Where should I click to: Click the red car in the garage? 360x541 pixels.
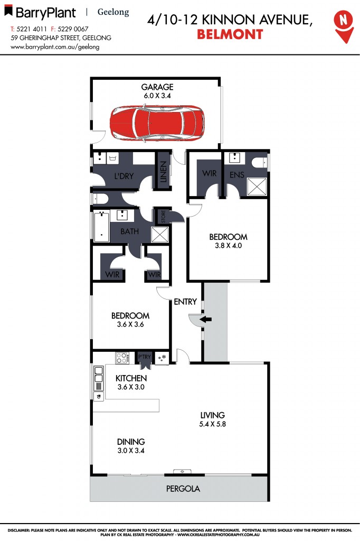coord(157,124)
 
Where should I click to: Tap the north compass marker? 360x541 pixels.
coord(344,24)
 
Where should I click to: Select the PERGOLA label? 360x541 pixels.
coord(183,489)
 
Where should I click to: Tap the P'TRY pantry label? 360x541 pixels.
coord(145,357)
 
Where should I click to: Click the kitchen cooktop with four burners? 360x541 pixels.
coord(122,358)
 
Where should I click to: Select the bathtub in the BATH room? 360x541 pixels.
coord(101,226)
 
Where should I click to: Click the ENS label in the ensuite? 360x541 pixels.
coord(237,174)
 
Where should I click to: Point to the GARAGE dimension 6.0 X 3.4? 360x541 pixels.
coord(157,96)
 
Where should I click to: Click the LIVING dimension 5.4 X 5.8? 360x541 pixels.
coord(213,424)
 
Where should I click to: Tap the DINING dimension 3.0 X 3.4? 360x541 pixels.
coord(131,451)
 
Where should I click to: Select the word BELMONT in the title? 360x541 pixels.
coord(230,35)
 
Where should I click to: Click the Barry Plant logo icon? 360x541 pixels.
coord(8,11)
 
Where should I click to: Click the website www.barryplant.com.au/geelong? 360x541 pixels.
coord(55,46)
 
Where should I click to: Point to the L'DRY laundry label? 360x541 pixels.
coord(124,176)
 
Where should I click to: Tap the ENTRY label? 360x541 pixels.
coord(185,302)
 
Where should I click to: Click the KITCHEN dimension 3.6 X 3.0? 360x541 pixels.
coord(131,387)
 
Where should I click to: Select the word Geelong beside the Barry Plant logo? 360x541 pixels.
coord(113,12)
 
